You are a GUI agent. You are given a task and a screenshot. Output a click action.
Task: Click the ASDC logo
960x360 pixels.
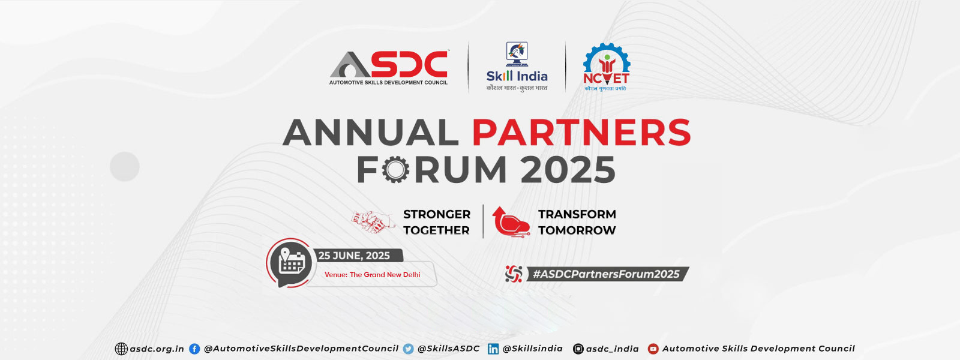[389, 68]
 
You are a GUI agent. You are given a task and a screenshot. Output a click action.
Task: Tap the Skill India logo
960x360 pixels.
[517, 67]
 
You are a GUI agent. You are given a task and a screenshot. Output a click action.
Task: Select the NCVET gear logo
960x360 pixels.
[607, 67]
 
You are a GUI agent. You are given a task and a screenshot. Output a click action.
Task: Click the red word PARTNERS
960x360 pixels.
[581, 133]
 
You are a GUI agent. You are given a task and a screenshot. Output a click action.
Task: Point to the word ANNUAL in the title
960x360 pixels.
[371, 133]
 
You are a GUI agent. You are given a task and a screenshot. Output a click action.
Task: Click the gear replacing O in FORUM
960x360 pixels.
[395, 170]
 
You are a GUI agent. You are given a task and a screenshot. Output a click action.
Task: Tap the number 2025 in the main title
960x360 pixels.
[568, 170]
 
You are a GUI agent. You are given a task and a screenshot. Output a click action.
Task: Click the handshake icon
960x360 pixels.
[373, 221]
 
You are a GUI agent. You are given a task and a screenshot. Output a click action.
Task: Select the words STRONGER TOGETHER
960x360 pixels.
[437, 222]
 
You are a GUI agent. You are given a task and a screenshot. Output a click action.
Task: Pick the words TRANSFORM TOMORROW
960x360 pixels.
[577, 222]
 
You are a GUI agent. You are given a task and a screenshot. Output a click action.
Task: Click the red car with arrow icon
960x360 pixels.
[511, 221]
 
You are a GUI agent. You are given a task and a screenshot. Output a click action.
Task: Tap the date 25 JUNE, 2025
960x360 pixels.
[354, 256]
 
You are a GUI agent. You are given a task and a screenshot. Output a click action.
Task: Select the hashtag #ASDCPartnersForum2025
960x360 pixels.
[605, 274]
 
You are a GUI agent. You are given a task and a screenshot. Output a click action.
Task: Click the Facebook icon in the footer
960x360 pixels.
[194, 349]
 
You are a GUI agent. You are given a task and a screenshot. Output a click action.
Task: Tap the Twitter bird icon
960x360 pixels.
[409, 349]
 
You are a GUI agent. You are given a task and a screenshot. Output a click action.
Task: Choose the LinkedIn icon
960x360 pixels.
[493, 349]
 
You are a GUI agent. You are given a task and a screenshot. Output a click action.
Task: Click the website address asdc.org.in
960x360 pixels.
[157, 349]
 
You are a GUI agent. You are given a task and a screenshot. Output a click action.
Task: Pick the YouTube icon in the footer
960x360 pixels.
[653, 349]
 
